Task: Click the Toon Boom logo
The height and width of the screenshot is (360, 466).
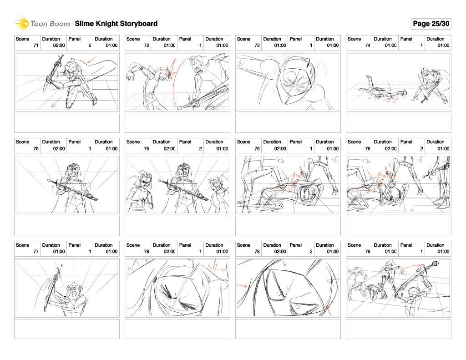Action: [42, 24]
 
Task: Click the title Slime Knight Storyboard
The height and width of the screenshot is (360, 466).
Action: [116, 24]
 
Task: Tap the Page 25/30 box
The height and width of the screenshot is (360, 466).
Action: [431, 24]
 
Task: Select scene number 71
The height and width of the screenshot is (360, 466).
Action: [35, 46]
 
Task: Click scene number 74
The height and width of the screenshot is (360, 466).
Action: [368, 46]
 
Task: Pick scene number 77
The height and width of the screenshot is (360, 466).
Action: [35, 252]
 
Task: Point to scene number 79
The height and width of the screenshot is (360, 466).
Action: [368, 252]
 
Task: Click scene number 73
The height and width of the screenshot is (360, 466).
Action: [257, 46]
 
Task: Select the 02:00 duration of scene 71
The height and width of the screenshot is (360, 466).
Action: [59, 46]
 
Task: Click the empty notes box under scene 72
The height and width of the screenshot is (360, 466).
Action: [177, 123]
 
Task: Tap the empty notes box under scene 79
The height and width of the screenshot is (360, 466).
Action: [399, 329]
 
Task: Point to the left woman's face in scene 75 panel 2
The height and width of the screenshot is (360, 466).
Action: [145, 181]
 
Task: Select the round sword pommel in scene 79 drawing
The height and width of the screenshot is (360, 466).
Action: [435, 264]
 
